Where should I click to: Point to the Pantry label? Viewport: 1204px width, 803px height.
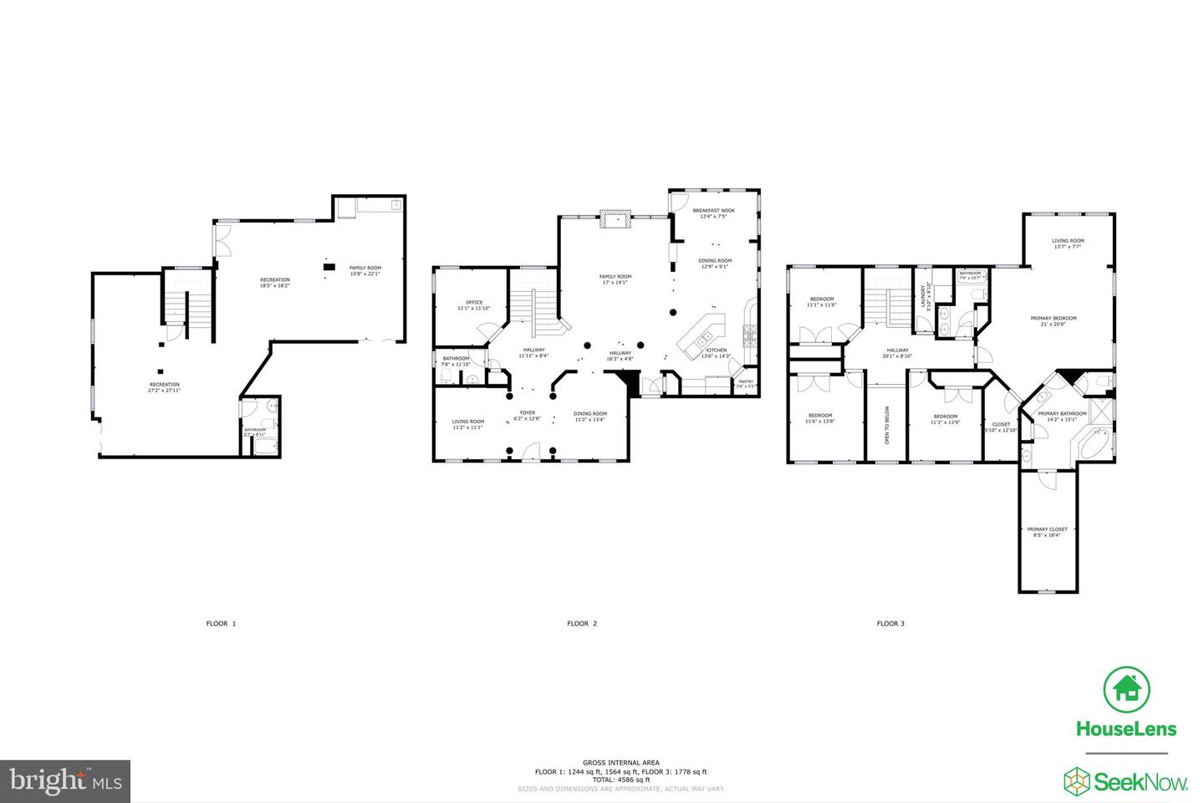[745, 384]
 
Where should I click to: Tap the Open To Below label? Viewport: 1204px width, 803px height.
[887, 424]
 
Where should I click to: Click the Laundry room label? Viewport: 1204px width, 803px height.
[925, 298]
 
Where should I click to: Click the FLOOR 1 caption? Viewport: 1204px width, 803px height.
[222, 623]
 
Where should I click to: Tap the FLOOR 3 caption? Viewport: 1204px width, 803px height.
[890, 623]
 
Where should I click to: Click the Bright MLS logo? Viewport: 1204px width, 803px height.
[64, 781]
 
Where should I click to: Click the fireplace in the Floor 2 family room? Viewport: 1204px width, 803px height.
[615, 220]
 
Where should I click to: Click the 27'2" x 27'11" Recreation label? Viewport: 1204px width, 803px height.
[164, 387]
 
